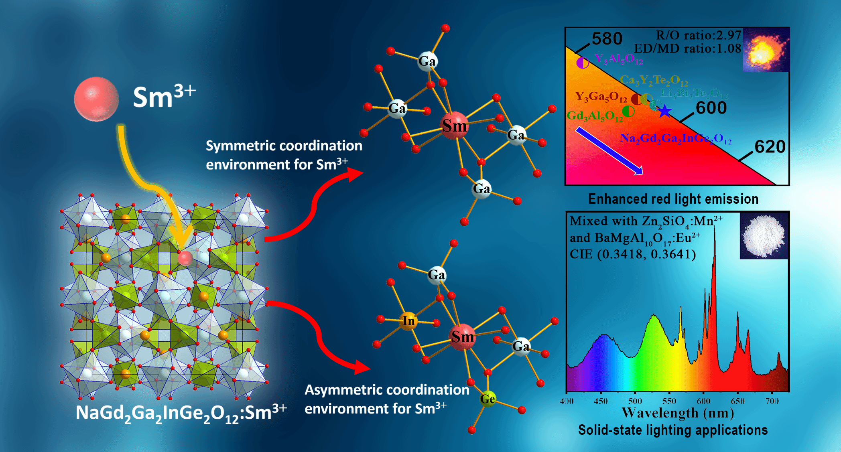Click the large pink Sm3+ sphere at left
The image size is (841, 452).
(x=96, y=99)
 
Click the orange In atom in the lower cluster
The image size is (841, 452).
(x=408, y=321)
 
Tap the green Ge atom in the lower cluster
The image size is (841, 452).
(x=488, y=399)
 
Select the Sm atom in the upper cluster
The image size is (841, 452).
(x=454, y=126)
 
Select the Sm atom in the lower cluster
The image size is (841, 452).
(x=462, y=337)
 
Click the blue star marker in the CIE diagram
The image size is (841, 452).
(x=664, y=111)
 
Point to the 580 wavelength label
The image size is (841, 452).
(x=607, y=39)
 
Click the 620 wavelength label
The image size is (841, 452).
(x=770, y=147)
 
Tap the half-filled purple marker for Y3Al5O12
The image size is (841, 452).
(x=582, y=63)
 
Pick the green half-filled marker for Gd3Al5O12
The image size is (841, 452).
(x=628, y=111)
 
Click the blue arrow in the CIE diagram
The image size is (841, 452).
(x=609, y=151)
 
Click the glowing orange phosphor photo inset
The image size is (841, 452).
(x=766, y=50)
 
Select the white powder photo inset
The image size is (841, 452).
(x=764, y=236)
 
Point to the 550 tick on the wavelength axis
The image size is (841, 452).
(x=669, y=401)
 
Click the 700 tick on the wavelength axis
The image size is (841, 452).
(x=772, y=401)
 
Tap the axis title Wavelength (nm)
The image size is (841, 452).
(x=678, y=413)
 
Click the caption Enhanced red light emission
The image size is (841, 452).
(x=673, y=199)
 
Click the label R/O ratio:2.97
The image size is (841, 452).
(x=698, y=35)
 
